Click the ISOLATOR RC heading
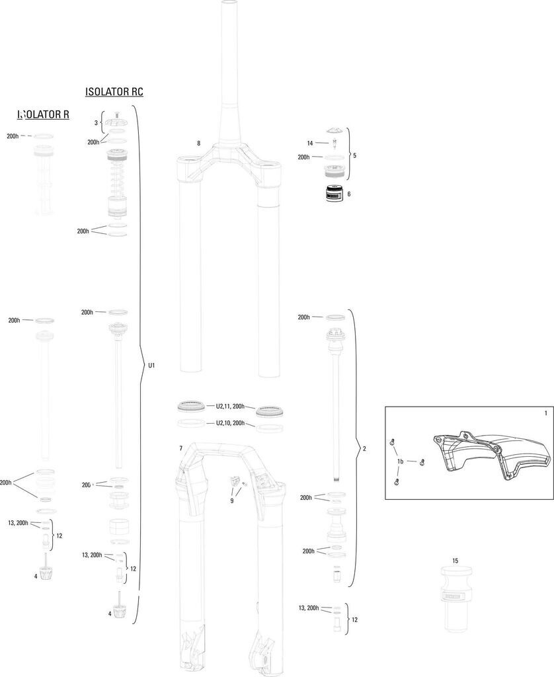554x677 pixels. pos(114,92)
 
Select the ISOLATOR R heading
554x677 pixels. pos(44,114)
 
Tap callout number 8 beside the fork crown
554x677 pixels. pos(198,143)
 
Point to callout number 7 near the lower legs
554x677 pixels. pos(180,449)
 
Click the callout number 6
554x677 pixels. pos(348,194)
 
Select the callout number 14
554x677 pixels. pos(309,143)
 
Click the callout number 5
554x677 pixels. pos(354,156)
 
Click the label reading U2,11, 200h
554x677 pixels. pos(230,407)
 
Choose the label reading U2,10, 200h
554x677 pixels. pos(230,423)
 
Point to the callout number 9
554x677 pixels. pos(232,501)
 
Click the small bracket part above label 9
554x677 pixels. pos(234,483)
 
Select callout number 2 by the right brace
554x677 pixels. pos(364,448)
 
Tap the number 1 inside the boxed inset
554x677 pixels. pos(545,413)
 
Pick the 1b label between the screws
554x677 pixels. pos(400,461)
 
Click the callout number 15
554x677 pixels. pos(455,561)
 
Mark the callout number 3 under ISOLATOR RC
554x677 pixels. pos(95,123)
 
